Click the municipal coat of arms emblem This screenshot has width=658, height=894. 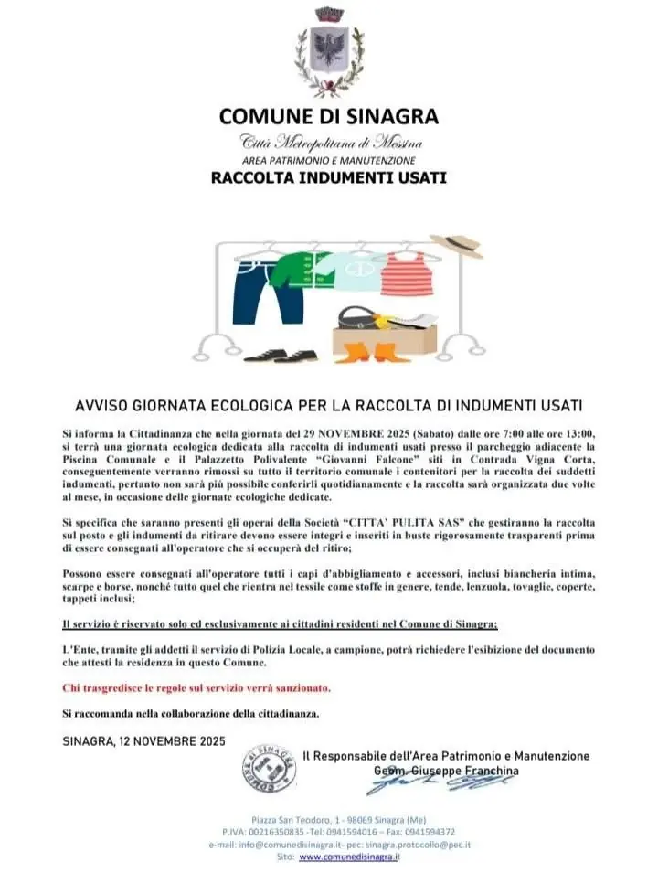(328, 52)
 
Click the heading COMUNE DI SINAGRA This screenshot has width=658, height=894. (328, 116)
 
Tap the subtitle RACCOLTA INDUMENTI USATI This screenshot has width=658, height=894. (328, 177)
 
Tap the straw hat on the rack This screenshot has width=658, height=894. (456, 245)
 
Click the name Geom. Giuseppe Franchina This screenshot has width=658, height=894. (445, 771)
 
